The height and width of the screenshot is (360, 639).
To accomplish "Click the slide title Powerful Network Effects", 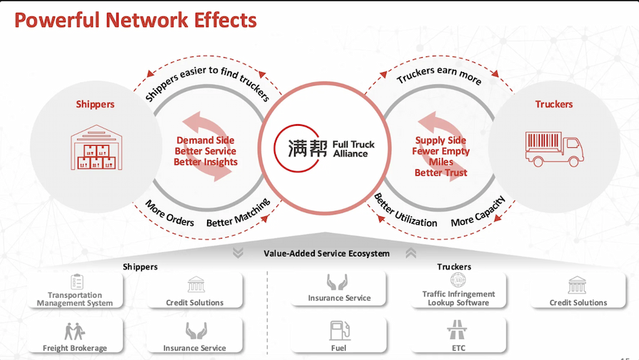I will (136, 19).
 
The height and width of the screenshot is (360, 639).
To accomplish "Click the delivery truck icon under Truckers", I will (554, 148).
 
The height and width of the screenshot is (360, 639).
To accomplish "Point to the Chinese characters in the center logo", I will (308, 149).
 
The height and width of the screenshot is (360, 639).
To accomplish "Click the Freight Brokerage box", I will (75, 336).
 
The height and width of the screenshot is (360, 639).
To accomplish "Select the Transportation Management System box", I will (75, 290).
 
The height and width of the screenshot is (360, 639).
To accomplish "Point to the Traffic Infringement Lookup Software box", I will (458, 290).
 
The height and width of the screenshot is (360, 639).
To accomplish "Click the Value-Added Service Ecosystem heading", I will (326, 253).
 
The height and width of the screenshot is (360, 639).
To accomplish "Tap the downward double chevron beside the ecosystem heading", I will (238, 253).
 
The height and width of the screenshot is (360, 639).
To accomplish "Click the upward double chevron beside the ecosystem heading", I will (411, 253).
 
